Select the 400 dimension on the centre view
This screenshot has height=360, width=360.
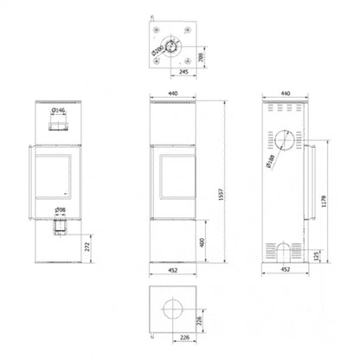202,241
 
